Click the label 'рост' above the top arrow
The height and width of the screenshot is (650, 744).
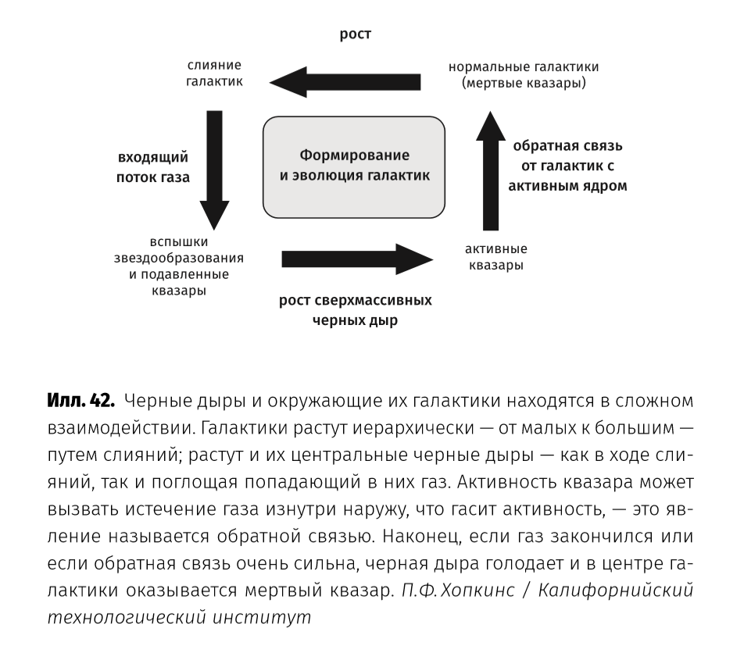coord(355,35)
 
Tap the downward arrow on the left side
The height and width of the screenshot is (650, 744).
coord(214,169)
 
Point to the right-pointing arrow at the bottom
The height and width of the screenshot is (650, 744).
coord(356,259)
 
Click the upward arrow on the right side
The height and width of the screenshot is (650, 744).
coord(491,169)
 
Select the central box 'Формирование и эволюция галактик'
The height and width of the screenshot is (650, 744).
coord(355,166)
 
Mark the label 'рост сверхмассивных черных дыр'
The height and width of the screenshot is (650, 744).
coord(355,311)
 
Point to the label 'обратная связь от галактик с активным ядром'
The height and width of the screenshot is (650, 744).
coord(567,166)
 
